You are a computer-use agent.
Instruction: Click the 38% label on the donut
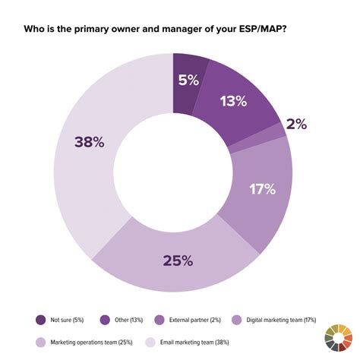90,141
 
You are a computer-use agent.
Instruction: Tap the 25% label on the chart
177,261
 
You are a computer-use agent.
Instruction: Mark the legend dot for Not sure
39,320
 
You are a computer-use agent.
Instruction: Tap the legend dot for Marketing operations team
39,342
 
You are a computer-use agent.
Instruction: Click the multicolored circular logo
339,339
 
